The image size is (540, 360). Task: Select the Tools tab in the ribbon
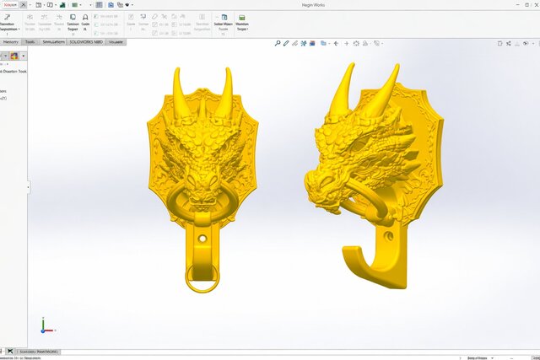[30, 41]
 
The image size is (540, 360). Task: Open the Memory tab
[11, 41]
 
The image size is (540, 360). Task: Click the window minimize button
[499, 4]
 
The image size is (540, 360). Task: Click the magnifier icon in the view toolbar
[277, 41]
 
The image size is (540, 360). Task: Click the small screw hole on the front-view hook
[202, 239]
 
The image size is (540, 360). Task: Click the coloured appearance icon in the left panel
[14, 56]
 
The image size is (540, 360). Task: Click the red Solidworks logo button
[11, 5]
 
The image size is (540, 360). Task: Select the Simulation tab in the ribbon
[51, 41]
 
